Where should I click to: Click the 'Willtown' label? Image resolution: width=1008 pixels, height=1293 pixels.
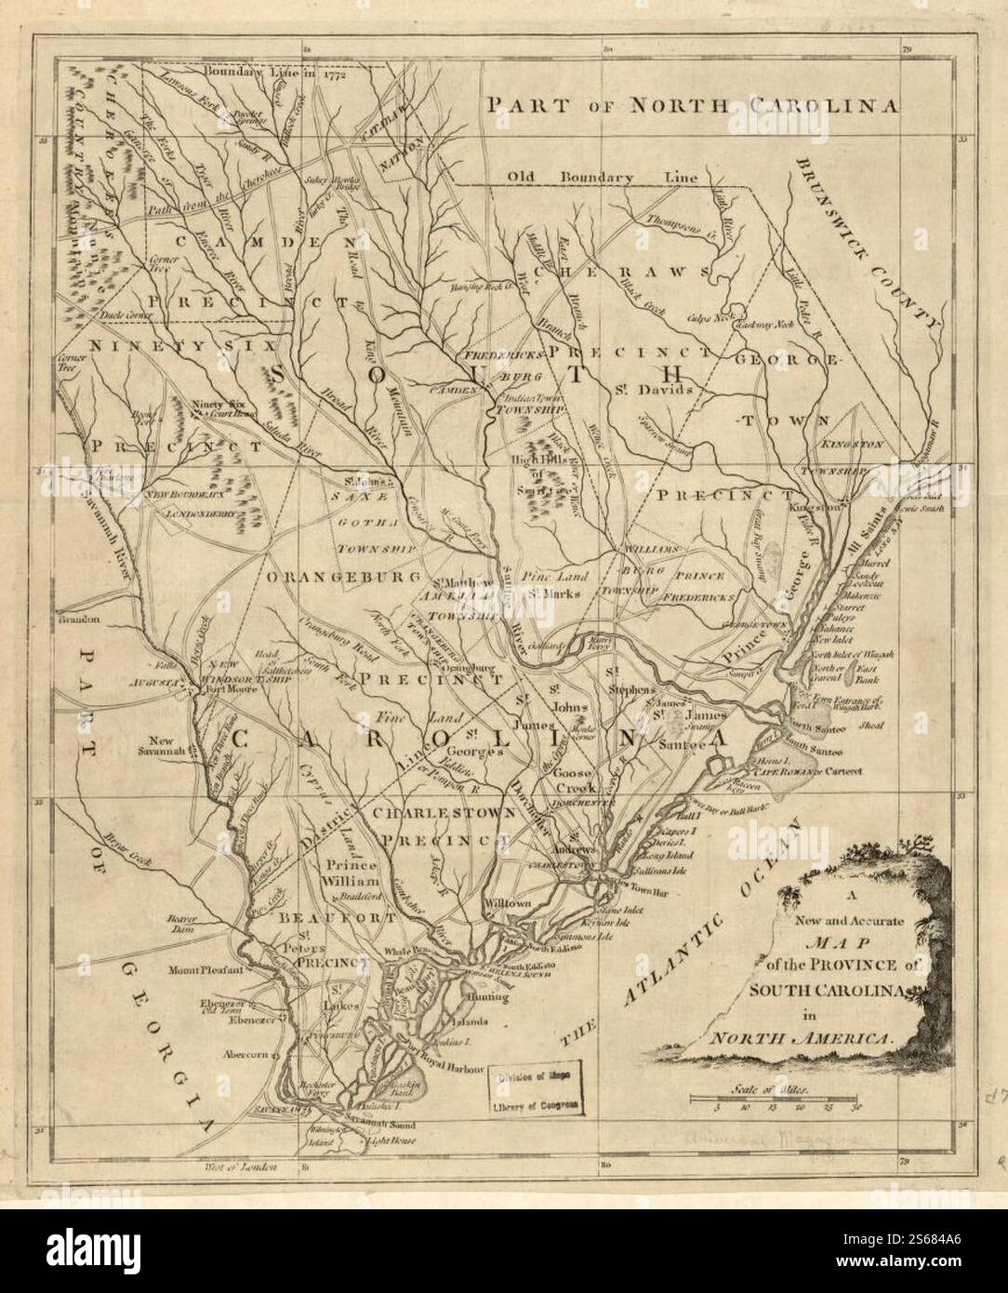click(506, 903)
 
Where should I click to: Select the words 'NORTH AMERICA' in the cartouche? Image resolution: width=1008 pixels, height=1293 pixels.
click(798, 1034)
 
